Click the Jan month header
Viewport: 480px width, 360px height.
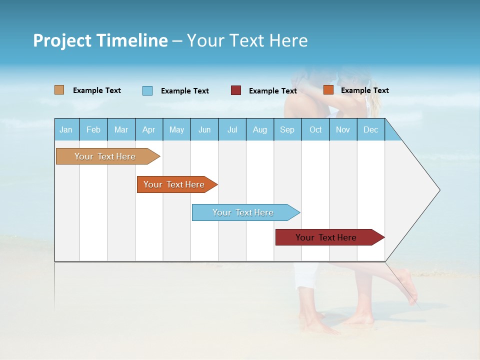[66, 129]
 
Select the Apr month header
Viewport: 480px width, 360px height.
[148, 129]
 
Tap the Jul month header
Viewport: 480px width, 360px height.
[232, 129]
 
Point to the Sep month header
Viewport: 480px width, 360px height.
[287, 129]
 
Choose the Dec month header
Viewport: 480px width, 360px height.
[370, 129]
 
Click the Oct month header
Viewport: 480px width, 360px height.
[315, 129]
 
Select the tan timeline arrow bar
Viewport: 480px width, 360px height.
[105, 156]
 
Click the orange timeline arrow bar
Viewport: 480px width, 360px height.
[174, 184]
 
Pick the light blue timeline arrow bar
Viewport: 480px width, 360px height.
[243, 212]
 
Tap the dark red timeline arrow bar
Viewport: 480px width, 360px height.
[326, 237]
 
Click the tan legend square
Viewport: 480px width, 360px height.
[59, 90]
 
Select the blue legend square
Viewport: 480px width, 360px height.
[147, 90]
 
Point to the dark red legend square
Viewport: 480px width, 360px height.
[236, 90]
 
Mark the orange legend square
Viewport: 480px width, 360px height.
[328, 90]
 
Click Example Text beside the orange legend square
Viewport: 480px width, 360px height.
[364, 90]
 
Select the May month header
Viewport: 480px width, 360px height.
[176, 129]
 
